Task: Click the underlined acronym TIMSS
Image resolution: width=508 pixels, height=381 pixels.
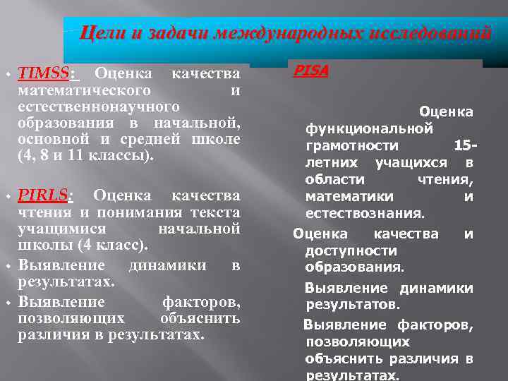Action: (45, 73)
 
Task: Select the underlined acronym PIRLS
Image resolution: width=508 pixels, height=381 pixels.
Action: (44, 195)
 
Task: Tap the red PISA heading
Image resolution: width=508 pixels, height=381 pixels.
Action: (311, 71)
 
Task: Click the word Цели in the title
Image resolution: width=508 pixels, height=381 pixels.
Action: (96, 33)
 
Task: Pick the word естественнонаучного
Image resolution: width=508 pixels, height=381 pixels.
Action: (99, 107)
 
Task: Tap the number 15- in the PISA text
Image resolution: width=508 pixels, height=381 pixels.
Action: (466, 145)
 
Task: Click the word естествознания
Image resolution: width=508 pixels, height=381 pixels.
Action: (364, 213)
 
